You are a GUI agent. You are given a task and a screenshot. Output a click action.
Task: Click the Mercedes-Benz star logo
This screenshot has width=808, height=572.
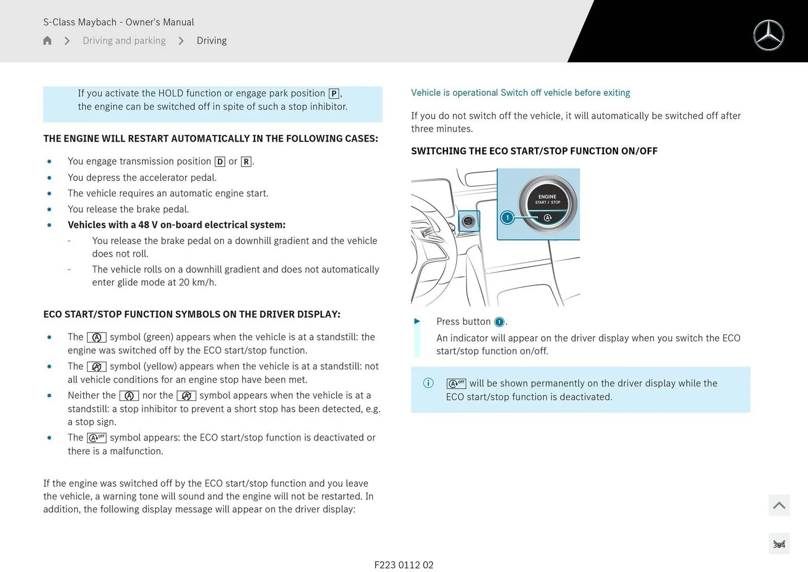[768, 35]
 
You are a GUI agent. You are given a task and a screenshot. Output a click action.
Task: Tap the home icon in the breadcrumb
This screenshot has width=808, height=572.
[47, 40]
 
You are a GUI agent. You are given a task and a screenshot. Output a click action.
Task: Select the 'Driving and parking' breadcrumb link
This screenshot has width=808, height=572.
[124, 40]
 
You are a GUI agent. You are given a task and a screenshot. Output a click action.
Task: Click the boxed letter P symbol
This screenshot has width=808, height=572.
[334, 94]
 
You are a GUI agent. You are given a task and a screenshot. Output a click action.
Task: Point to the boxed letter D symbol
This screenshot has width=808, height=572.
[220, 162]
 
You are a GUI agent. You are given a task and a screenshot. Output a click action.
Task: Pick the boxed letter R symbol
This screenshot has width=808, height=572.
[246, 162]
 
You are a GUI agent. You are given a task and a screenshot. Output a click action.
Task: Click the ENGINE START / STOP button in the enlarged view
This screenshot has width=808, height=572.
[547, 204]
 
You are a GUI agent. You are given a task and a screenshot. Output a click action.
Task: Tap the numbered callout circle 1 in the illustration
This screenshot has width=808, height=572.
[508, 217]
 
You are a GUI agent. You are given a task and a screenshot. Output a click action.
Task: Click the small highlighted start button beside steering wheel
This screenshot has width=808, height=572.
[468, 221]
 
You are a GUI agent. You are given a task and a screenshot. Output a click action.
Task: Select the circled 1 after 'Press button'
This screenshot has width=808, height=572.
[499, 322]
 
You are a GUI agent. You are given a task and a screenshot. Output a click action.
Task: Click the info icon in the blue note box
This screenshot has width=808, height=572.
[428, 383]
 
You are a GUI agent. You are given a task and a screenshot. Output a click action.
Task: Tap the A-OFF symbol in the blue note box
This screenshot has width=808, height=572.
[456, 384]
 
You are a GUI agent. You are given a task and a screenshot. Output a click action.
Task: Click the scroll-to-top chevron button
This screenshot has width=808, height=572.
[779, 505]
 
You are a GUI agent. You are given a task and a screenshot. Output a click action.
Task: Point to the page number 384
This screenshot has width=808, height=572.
[779, 545]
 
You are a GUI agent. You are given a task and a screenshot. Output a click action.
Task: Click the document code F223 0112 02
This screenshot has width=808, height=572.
[404, 565]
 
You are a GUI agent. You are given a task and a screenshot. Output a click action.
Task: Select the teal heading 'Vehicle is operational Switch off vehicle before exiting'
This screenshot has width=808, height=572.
[520, 93]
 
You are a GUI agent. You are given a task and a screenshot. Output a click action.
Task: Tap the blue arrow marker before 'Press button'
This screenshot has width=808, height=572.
[417, 321]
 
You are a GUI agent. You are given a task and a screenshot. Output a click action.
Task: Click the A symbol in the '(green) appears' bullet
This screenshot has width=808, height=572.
[96, 337]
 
